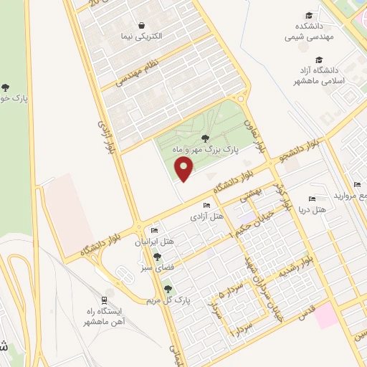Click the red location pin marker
click(185, 169)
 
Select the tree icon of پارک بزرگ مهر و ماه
click(205, 138)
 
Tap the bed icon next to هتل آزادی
click(206, 206)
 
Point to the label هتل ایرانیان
click(153, 242)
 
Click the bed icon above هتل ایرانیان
click(153, 231)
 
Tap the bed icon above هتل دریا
click(311, 199)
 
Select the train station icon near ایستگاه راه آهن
click(105, 300)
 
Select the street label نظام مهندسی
click(137, 74)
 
